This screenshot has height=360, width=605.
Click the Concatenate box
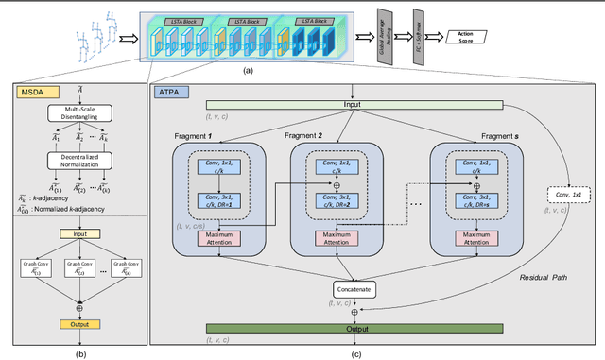[x=353, y=287]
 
